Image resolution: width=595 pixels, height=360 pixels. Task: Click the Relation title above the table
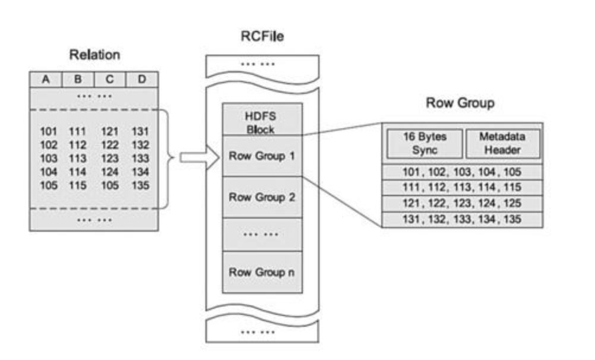click(94, 55)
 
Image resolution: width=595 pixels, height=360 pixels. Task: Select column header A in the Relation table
click(46, 80)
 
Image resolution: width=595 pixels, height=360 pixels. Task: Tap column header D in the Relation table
click(142, 80)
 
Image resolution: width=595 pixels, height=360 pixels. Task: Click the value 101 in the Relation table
click(49, 131)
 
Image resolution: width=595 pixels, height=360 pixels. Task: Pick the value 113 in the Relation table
click(77, 159)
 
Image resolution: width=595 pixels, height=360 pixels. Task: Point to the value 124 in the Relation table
click(110, 172)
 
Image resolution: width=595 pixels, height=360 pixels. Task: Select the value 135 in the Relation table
click(140, 185)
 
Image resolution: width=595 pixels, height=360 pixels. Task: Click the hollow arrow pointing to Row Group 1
click(200, 157)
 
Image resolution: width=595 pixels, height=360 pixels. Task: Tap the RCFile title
click(262, 36)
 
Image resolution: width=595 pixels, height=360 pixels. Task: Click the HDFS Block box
click(262, 119)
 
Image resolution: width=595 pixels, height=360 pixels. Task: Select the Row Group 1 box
click(262, 156)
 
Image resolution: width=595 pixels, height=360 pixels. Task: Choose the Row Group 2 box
click(262, 197)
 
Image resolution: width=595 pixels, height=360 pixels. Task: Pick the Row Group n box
click(262, 272)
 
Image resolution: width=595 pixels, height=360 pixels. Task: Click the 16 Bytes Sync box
click(425, 144)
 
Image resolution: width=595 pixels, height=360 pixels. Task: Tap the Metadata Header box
click(502, 144)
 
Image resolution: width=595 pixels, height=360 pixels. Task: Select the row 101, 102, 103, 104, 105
click(462, 172)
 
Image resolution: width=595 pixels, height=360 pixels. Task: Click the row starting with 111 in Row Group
click(462, 188)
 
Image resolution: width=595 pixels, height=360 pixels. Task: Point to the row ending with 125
click(462, 204)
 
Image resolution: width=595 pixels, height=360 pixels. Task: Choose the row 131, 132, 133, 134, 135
click(462, 219)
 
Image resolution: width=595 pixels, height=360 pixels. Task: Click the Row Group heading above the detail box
click(460, 103)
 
